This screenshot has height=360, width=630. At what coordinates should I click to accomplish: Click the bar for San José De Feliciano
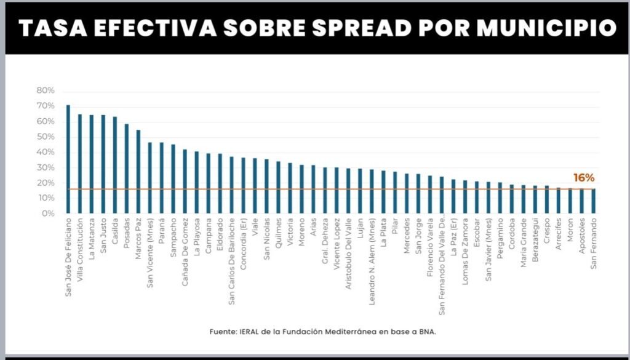pyautogui.click(x=68, y=159)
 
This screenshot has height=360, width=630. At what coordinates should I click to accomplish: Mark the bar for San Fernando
pyautogui.click(x=593, y=201)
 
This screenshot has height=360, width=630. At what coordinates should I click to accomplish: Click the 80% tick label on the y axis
pyautogui.click(x=46, y=90)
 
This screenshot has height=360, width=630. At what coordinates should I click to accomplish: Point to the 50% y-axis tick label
pyautogui.click(x=46, y=137)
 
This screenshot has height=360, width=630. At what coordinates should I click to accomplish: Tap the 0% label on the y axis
pyautogui.click(x=48, y=214)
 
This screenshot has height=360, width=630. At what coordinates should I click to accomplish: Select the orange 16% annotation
pyautogui.click(x=584, y=178)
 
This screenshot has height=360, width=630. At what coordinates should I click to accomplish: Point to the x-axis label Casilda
pyautogui.click(x=115, y=230)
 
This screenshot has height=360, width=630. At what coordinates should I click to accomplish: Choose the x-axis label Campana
pyautogui.click(x=209, y=233)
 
